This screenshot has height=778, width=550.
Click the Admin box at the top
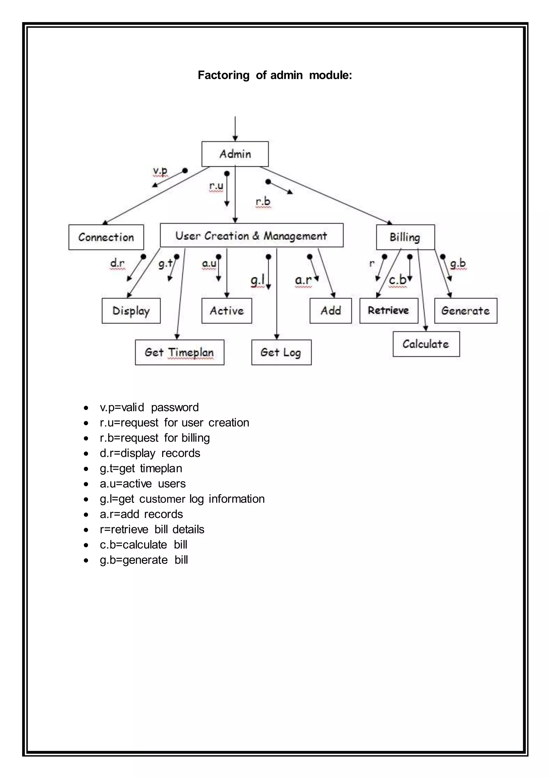pos(235,154)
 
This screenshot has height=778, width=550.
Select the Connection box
pos(106,237)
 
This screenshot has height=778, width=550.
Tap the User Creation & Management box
pos(251,236)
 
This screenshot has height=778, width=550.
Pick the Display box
pos(131,311)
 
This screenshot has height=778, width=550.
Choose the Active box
pos(227,311)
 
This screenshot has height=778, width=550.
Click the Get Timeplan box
pos(179,352)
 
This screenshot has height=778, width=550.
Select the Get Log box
pos(281,352)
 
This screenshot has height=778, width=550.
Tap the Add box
pos(331,311)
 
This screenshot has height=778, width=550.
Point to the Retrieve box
pos(388,311)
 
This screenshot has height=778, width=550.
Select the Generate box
pos(466,311)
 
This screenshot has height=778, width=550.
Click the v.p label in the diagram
pos(160,171)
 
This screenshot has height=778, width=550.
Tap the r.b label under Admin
pos(263,201)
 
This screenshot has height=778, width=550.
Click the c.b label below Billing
pos(398,280)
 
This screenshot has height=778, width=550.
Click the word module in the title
pos(330,75)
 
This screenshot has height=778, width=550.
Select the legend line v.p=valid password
pos(149,407)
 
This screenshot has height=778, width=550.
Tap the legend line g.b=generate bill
pos(144,560)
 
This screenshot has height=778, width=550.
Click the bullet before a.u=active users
pos(86,484)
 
